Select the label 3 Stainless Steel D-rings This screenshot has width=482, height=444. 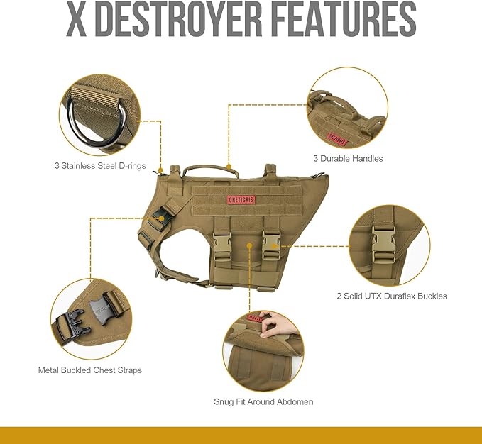100,166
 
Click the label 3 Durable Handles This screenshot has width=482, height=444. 348,158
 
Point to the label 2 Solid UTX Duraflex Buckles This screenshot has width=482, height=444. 392,296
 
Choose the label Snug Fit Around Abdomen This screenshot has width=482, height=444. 263,401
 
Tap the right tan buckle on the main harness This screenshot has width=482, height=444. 270,244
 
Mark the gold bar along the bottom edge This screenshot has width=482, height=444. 241,435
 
